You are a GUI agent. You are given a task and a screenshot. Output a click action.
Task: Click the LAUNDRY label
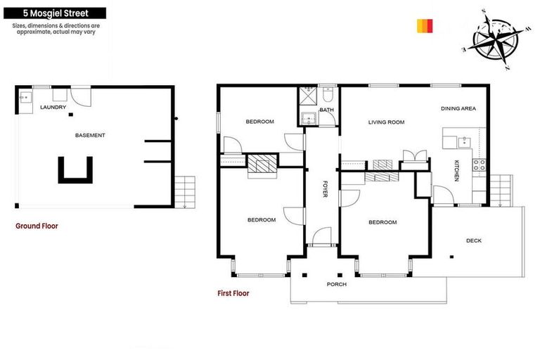53,108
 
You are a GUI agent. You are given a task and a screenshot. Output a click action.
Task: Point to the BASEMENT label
91,135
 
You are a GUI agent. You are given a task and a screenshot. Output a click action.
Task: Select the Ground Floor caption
37,226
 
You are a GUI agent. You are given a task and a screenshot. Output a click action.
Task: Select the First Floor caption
233,293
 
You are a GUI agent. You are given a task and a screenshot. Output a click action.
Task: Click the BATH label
326,110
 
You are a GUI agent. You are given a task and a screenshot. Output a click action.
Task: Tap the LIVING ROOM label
387,122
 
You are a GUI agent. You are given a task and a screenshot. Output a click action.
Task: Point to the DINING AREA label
458,108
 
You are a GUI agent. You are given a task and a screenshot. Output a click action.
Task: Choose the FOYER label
325,189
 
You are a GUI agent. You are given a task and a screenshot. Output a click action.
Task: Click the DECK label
474,240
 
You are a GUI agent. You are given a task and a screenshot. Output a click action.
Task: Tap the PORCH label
337,285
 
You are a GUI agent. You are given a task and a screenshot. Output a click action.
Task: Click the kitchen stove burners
479,166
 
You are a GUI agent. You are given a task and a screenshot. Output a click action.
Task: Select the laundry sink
25,98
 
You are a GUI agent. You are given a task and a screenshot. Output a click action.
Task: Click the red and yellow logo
423,25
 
